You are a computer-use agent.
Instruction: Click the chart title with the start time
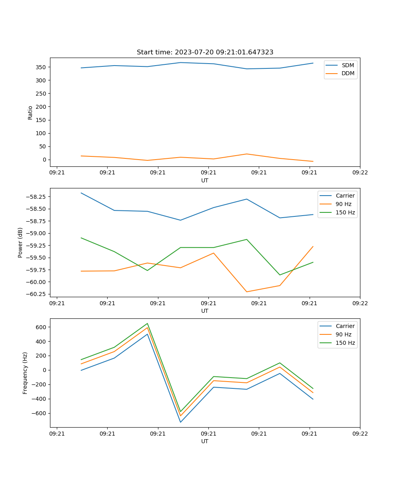205,52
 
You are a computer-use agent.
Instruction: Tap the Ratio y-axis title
30,112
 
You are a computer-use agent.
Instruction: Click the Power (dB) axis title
20,242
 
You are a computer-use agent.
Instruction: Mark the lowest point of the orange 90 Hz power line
246,292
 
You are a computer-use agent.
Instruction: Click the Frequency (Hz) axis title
25,373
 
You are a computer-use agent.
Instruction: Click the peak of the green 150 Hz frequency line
147,324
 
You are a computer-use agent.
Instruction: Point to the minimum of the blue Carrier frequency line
180,422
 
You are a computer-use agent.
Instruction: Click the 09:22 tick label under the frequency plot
360,433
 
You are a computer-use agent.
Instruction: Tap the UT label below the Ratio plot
205,180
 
